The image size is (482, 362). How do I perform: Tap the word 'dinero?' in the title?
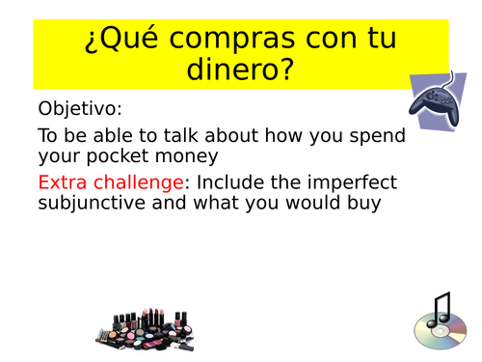[240, 73]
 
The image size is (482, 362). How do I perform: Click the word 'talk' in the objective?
[189, 135]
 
